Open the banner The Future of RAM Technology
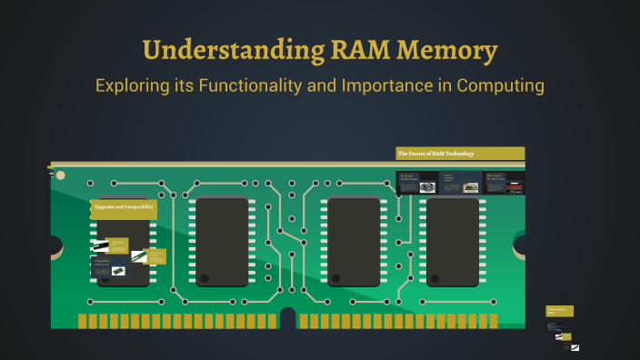click(x=460, y=153)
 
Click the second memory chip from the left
click(x=223, y=241)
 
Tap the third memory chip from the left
click(x=354, y=241)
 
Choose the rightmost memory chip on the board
click(x=453, y=241)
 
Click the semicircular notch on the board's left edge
click(x=55, y=245)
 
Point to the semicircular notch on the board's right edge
click(x=520, y=245)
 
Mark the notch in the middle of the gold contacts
click(x=288, y=318)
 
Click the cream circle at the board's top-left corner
click(x=60, y=175)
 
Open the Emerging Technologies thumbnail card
click(x=415, y=182)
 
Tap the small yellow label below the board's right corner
click(x=559, y=311)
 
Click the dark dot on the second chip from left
click(x=205, y=279)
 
